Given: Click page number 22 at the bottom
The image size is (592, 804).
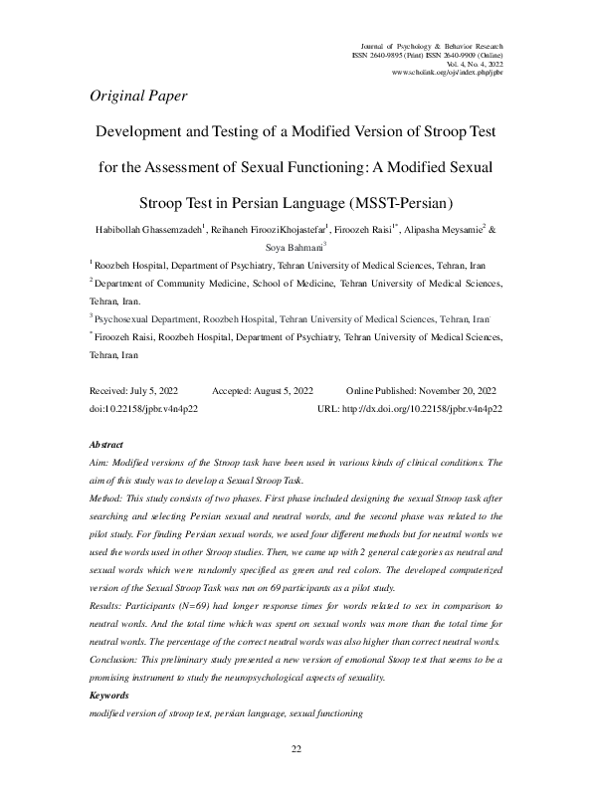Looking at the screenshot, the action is [296, 777].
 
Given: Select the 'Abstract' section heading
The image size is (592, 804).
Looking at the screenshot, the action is [106, 445].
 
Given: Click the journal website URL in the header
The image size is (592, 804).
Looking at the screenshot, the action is [448, 74].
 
